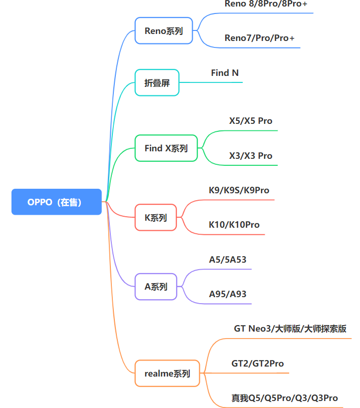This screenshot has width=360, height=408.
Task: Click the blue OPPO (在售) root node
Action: pyautogui.click(x=56, y=202)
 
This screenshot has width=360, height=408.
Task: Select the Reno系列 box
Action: pyautogui.click(x=164, y=30)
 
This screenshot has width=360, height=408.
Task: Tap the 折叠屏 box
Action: pyautogui.click(x=157, y=83)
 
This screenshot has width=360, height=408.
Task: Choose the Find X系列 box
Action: pyautogui.click(x=166, y=148)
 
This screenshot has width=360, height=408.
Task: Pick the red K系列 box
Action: pyautogui.click(x=156, y=218)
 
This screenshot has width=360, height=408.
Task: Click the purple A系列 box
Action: pyautogui.click(x=156, y=287)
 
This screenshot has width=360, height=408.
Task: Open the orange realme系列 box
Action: pyautogui.click(x=167, y=374)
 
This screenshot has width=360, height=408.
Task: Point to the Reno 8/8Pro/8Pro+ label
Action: pyautogui.click(x=266, y=3)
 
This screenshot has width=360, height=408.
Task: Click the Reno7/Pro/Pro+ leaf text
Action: pyautogui.click(x=259, y=38)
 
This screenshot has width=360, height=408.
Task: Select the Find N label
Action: pyautogui.click(x=225, y=73)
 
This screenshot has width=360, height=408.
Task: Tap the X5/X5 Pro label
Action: pyautogui.click(x=251, y=121)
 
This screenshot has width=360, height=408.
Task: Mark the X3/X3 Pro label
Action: pyautogui.click(x=251, y=156)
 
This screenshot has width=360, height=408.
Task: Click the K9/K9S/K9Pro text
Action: pyautogui.click(x=239, y=190)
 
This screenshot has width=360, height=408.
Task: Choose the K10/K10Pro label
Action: pyautogui.click(x=234, y=225)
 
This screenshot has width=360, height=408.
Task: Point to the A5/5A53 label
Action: pyautogui.click(x=228, y=260)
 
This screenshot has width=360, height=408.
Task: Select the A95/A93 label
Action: pyautogui.click(x=228, y=294)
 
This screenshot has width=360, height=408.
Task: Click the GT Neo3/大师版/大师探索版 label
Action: pyautogui.click(x=290, y=329)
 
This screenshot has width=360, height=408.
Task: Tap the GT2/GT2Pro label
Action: pyautogui.click(x=258, y=364)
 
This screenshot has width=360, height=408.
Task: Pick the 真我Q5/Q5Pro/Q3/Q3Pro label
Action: pyautogui.click(x=285, y=398)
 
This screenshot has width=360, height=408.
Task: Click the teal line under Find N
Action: pyautogui.click(x=211, y=82)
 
